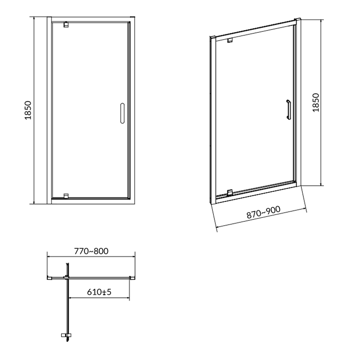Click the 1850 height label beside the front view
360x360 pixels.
click(28, 110)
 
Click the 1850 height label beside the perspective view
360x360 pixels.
click(316, 103)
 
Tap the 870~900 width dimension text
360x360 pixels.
click(264, 212)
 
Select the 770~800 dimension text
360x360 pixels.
click(91, 251)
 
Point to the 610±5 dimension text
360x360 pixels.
click(99, 292)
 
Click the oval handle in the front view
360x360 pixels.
click(122, 113)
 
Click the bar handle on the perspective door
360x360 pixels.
click(288, 109)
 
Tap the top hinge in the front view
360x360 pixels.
click(66, 24)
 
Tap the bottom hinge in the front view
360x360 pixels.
click(66, 196)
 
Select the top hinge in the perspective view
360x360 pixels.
click(230, 40)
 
